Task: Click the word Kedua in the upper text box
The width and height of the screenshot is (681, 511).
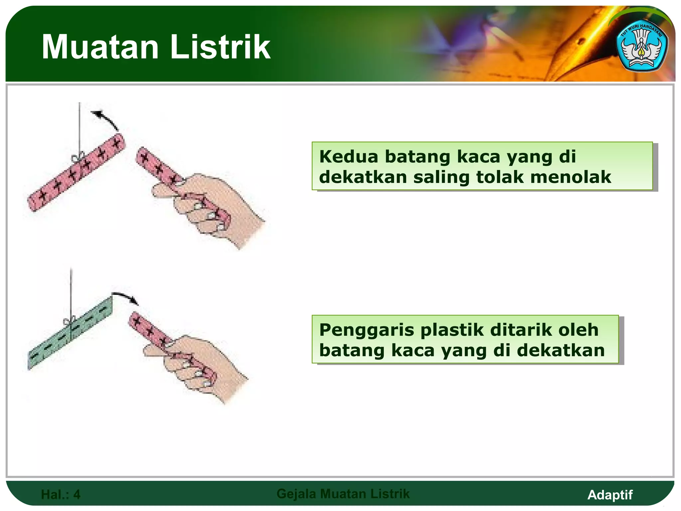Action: pos(348,156)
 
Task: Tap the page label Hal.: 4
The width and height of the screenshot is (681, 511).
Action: pos(61,494)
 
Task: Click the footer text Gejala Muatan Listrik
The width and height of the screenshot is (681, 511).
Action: pos(343,494)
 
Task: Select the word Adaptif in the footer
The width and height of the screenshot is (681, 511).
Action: pos(610,495)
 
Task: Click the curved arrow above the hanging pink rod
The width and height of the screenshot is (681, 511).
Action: pos(106,119)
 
